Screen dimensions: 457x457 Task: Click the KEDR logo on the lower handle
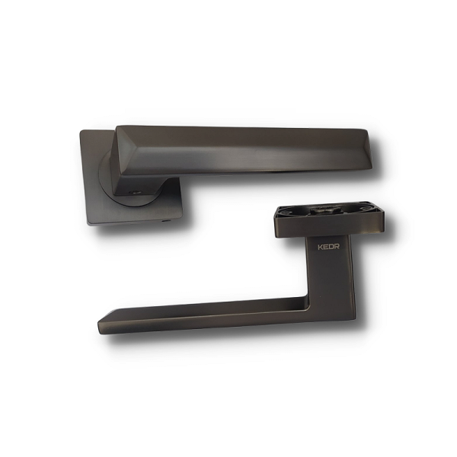(x=328, y=247)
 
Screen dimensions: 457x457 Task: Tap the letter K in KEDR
(x=320, y=247)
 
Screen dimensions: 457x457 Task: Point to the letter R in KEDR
(x=337, y=247)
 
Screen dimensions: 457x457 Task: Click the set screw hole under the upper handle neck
(x=135, y=192)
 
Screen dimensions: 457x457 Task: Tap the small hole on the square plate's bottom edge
(x=166, y=221)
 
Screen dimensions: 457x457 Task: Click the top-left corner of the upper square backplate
(x=81, y=131)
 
